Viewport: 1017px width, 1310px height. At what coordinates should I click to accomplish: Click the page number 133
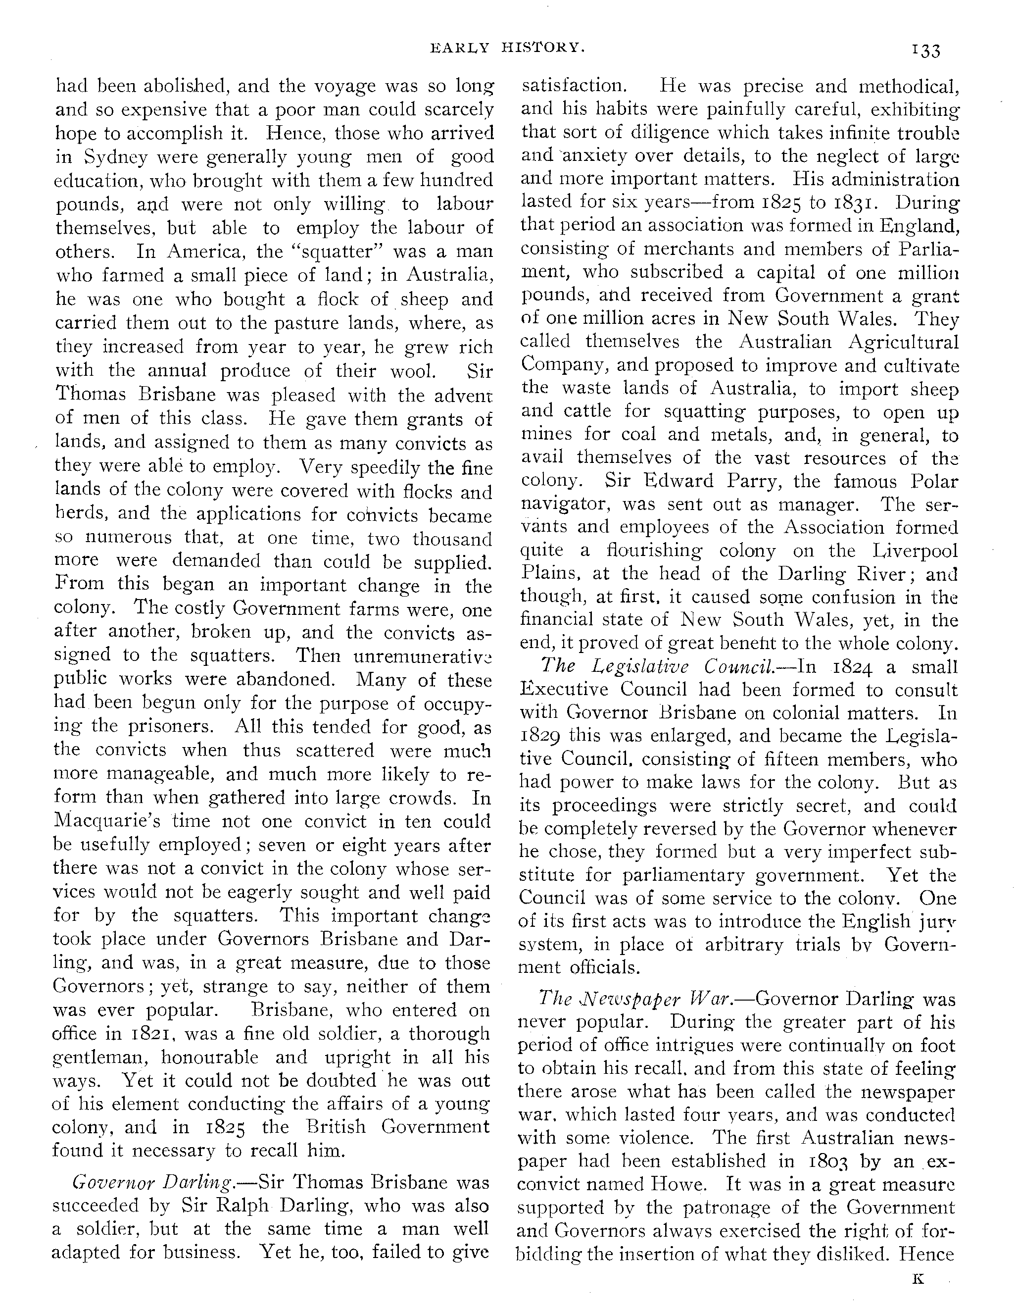[x=926, y=51]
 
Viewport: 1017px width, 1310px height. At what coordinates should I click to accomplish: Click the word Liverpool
[x=915, y=551]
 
